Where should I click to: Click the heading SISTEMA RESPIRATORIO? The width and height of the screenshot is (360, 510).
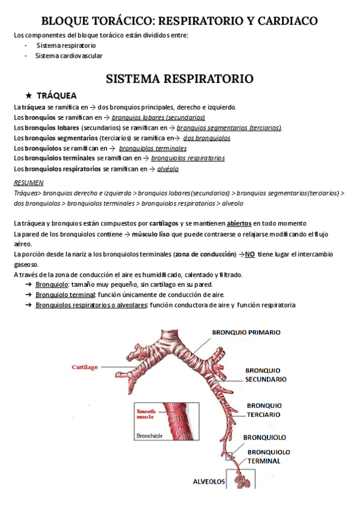179,78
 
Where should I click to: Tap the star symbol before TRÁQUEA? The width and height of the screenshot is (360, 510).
28,96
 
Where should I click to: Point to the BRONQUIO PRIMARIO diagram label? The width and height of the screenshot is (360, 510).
246,332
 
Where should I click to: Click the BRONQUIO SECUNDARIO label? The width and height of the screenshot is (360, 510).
266,375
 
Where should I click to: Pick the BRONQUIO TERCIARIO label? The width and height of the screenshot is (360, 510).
263,410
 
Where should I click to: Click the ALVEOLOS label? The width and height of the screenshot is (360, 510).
209,482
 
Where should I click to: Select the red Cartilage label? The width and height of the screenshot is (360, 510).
85,366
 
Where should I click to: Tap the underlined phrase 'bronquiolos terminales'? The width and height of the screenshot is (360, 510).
153,148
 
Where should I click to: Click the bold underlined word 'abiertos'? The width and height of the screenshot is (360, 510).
239,223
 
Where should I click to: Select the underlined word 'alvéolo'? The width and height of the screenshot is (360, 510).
168,169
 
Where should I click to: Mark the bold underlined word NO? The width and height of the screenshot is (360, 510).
250,254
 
